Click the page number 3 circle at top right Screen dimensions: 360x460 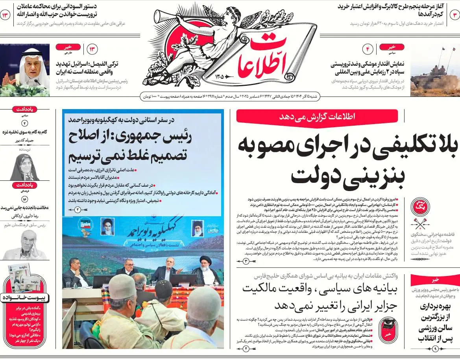pos(454,15)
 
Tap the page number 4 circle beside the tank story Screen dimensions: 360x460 pos(369,49)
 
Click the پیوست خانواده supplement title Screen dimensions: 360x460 pos(24,298)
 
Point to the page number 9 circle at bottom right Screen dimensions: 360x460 pos(435,349)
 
